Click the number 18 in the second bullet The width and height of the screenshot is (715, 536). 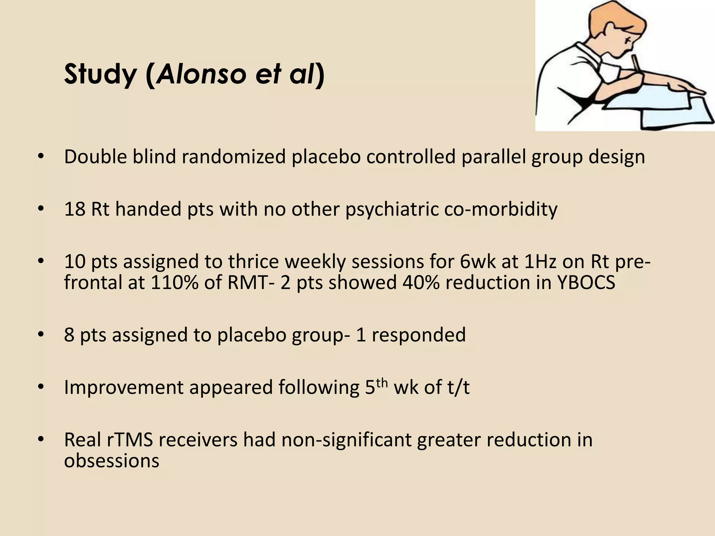click(75, 209)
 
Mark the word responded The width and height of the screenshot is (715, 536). click(419, 335)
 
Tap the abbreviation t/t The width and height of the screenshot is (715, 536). click(457, 387)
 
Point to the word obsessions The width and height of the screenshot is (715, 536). click(112, 461)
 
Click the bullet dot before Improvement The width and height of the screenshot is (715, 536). click(41, 387)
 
